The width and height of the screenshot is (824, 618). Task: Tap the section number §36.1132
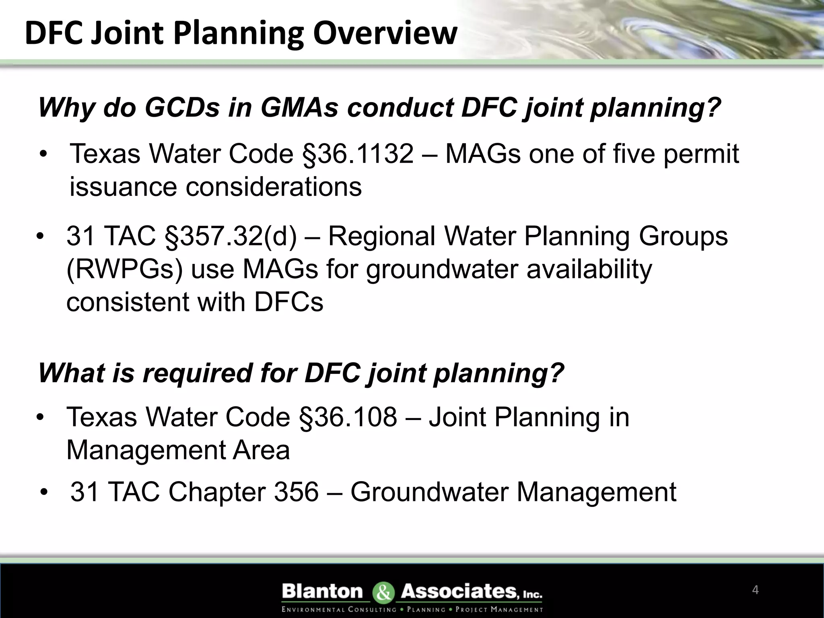(x=358, y=154)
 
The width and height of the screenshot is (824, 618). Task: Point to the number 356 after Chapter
(x=296, y=492)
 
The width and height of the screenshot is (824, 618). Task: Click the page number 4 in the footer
(x=755, y=590)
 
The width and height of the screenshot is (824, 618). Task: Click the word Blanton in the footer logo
(x=322, y=591)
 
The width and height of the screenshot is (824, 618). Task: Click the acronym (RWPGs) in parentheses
(x=124, y=269)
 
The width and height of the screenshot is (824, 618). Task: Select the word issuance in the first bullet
(x=123, y=187)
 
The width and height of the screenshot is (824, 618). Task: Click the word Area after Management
(x=261, y=450)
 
